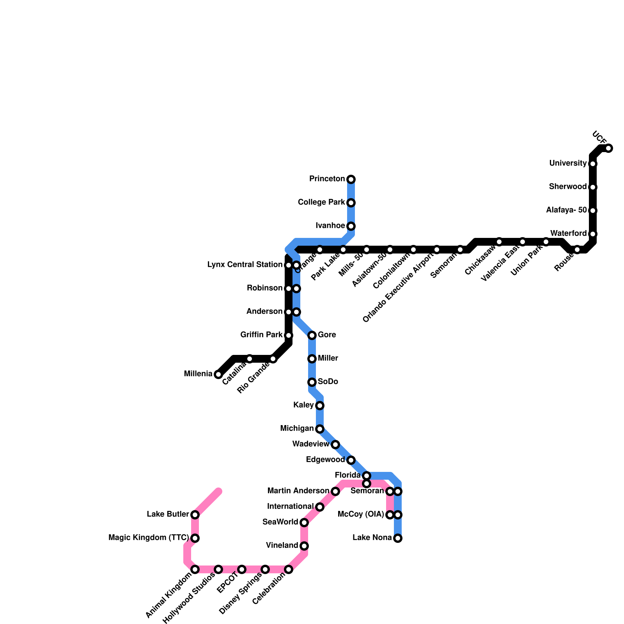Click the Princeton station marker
point(351,179)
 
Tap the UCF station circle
point(608,148)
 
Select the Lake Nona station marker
point(397,538)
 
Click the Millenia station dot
point(218,374)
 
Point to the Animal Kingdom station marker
point(195,569)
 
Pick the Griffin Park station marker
point(289,335)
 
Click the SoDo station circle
point(312,382)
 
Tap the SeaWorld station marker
point(304,523)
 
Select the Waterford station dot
point(593,234)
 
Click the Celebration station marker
point(289,569)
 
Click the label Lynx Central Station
point(245,265)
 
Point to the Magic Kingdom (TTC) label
point(149,538)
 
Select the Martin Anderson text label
point(298,491)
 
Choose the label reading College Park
point(321,202)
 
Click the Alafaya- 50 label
point(566,210)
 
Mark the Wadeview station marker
point(335,445)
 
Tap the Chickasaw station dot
point(499,242)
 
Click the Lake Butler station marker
point(195,515)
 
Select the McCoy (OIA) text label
point(361,514)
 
